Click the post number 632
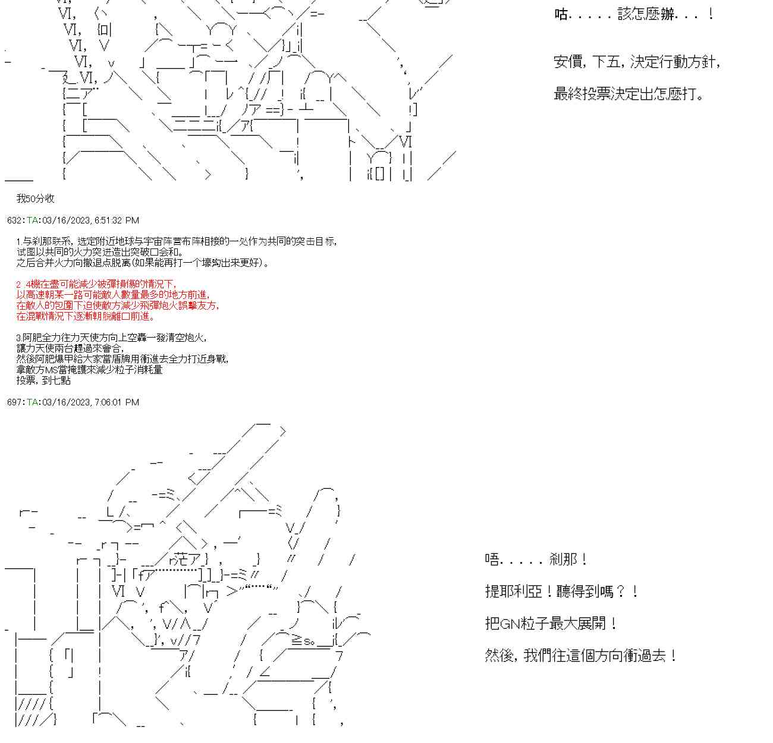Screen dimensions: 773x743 15,221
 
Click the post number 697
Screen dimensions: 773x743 15,402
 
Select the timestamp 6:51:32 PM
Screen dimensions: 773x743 117,221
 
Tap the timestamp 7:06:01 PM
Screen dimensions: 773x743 117,402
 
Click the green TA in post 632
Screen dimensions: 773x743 32,221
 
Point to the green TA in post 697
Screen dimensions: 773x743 32,402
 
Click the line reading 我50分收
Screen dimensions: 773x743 35,199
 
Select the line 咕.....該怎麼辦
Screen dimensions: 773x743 634,14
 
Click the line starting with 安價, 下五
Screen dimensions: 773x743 637,62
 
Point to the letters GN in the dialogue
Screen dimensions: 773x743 510,624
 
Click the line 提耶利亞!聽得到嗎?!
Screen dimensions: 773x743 562,592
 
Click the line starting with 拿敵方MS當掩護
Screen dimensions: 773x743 89,370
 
